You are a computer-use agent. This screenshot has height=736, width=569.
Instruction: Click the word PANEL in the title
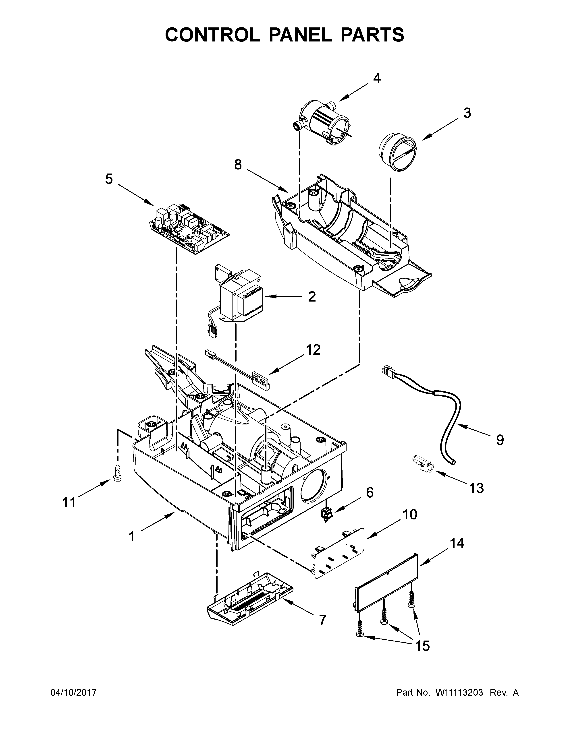coord(300,35)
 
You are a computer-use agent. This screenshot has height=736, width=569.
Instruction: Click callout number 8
coord(238,165)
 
